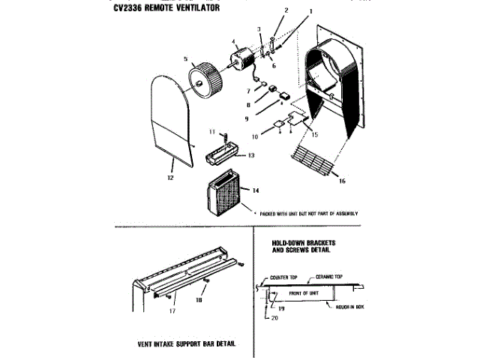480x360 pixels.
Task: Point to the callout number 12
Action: pos(172,178)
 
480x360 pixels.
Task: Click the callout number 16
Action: pos(341,181)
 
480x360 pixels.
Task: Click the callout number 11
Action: pos(212,132)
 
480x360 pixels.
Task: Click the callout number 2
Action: pos(286,10)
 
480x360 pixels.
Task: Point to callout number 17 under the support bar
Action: pos(172,308)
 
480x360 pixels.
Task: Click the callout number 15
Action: pos(314,134)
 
